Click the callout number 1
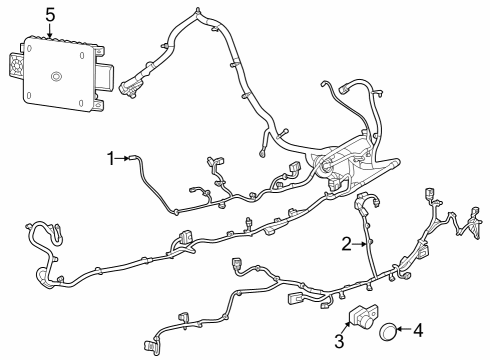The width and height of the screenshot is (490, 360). [112, 157]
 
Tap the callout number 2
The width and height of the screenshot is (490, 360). [346, 243]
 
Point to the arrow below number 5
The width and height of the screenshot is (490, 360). [50, 29]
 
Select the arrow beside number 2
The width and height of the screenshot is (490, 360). [360, 243]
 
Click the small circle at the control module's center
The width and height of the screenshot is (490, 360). [56, 77]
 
